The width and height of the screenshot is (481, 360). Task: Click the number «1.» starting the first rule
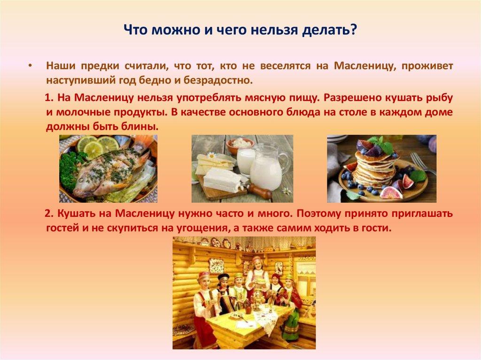coord(50,98)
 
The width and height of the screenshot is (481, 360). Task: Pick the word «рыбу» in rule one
coord(441,98)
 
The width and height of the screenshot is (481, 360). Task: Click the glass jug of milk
coord(266,167)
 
